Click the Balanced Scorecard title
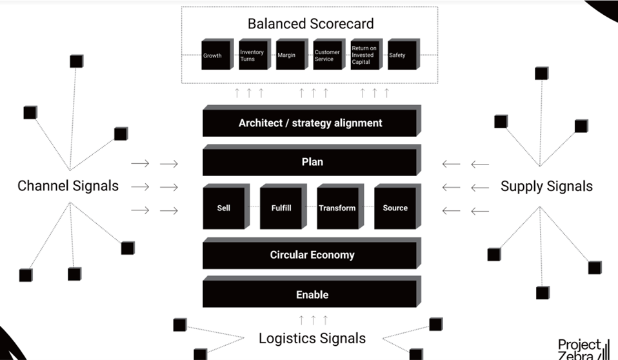click(x=310, y=24)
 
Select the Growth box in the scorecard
click(x=215, y=55)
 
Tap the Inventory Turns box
click(x=252, y=55)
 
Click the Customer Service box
click(x=327, y=55)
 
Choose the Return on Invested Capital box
click(x=365, y=55)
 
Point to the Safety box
click(x=403, y=55)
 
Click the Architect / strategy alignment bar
click(x=310, y=123)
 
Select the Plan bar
click(x=310, y=162)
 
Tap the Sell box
click(x=224, y=208)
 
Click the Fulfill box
click(x=281, y=208)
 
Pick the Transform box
click(x=337, y=208)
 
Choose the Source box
click(x=395, y=208)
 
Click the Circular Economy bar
click(x=310, y=255)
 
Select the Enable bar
click(x=310, y=294)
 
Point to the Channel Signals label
click(x=68, y=186)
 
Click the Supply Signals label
click(x=546, y=186)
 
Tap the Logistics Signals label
click(x=312, y=338)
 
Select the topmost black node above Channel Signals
click(x=76, y=61)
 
